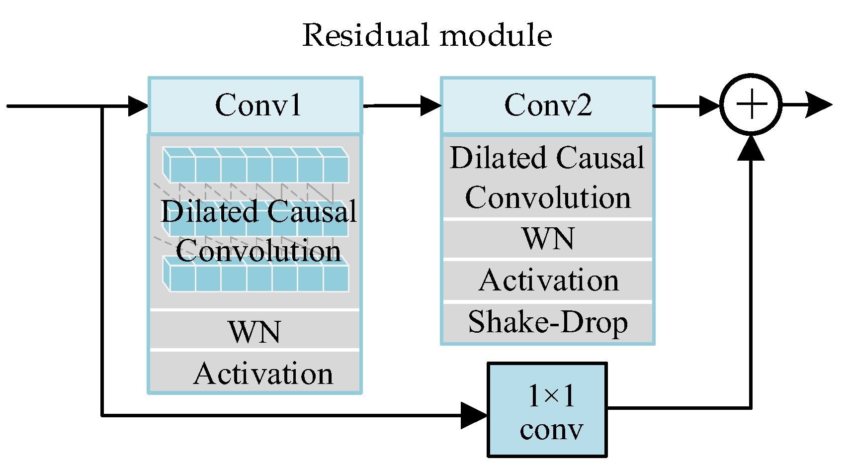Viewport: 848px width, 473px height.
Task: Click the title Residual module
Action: coord(427,36)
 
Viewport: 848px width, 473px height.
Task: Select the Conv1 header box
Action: coord(255,105)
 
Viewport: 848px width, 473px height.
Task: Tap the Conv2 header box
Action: coord(548,105)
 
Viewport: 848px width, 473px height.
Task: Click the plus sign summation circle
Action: coord(751,105)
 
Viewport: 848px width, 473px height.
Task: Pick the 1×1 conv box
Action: coord(547,409)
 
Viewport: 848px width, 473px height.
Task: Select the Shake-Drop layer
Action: coord(548,322)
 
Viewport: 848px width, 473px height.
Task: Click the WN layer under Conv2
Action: coord(548,239)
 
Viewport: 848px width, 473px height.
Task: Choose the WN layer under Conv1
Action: coord(255,331)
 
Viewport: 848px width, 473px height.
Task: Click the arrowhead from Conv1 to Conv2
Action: coord(430,105)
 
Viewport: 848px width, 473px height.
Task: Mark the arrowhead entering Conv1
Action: coord(138,106)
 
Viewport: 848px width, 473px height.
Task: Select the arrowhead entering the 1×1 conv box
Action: coord(473,415)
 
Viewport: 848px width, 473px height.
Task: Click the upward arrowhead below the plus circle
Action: coord(751,148)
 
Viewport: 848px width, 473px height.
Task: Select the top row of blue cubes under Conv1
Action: coord(256,166)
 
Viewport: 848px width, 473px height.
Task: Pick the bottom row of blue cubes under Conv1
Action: coord(256,277)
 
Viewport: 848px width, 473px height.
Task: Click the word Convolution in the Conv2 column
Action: coord(548,198)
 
